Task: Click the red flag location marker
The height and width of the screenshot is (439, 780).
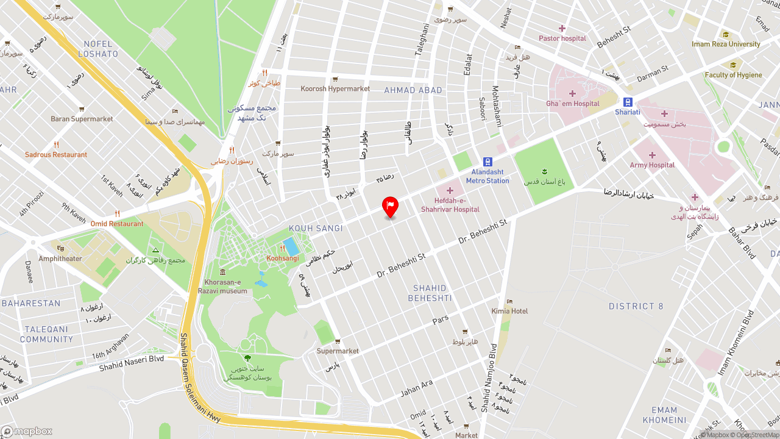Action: coord(390,206)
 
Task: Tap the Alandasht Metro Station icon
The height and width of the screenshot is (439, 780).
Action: coord(487,162)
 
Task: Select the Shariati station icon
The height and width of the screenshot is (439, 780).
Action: coord(628,102)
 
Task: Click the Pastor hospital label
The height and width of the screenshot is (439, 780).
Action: coord(562,38)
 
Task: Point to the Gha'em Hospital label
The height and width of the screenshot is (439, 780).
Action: coord(573,104)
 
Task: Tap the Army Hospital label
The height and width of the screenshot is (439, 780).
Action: coord(652,165)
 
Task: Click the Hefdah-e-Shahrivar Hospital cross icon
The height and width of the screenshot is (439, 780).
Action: coord(450,190)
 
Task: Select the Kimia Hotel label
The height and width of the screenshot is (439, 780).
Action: coord(509,311)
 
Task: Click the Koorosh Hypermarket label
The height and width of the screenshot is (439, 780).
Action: coord(335,89)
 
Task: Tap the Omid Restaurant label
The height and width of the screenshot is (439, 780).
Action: coord(117,224)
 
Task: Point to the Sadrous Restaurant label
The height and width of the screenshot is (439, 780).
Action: coord(56,155)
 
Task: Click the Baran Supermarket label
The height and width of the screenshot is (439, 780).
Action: coord(82,119)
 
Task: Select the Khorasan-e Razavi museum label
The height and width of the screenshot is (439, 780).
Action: coord(222,287)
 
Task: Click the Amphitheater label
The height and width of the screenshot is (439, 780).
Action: coord(60,259)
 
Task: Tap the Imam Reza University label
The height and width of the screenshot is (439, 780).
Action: coord(726,44)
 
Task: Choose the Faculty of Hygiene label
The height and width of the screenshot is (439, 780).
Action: coord(733,75)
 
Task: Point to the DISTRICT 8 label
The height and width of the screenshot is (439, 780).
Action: coord(636,306)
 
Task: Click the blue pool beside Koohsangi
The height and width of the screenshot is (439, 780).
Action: coord(291,247)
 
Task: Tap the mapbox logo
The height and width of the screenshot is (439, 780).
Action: coord(26,432)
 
